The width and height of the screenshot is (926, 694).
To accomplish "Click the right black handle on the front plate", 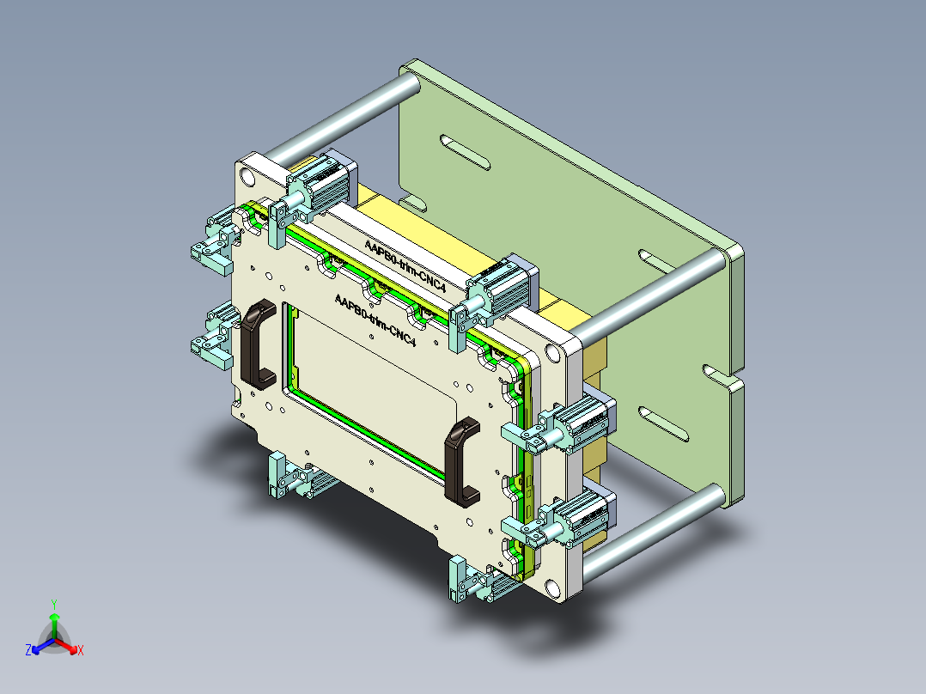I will pyautogui.click(x=462, y=460).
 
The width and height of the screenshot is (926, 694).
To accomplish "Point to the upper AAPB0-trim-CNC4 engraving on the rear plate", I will pyautogui.click(x=405, y=265).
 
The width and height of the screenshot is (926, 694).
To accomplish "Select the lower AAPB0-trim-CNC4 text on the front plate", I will pyautogui.click(x=375, y=319).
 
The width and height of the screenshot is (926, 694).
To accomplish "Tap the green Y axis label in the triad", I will pyautogui.click(x=53, y=604).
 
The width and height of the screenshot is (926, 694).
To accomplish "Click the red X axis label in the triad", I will pyautogui.click(x=80, y=650).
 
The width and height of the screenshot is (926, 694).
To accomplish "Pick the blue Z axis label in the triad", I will pyautogui.click(x=28, y=650).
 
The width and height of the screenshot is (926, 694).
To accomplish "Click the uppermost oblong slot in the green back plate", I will pyautogui.click(x=464, y=152).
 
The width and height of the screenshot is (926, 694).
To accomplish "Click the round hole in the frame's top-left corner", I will pyautogui.click(x=247, y=177).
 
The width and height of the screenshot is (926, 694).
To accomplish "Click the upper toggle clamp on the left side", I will pyautogui.click(x=213, y=240).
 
